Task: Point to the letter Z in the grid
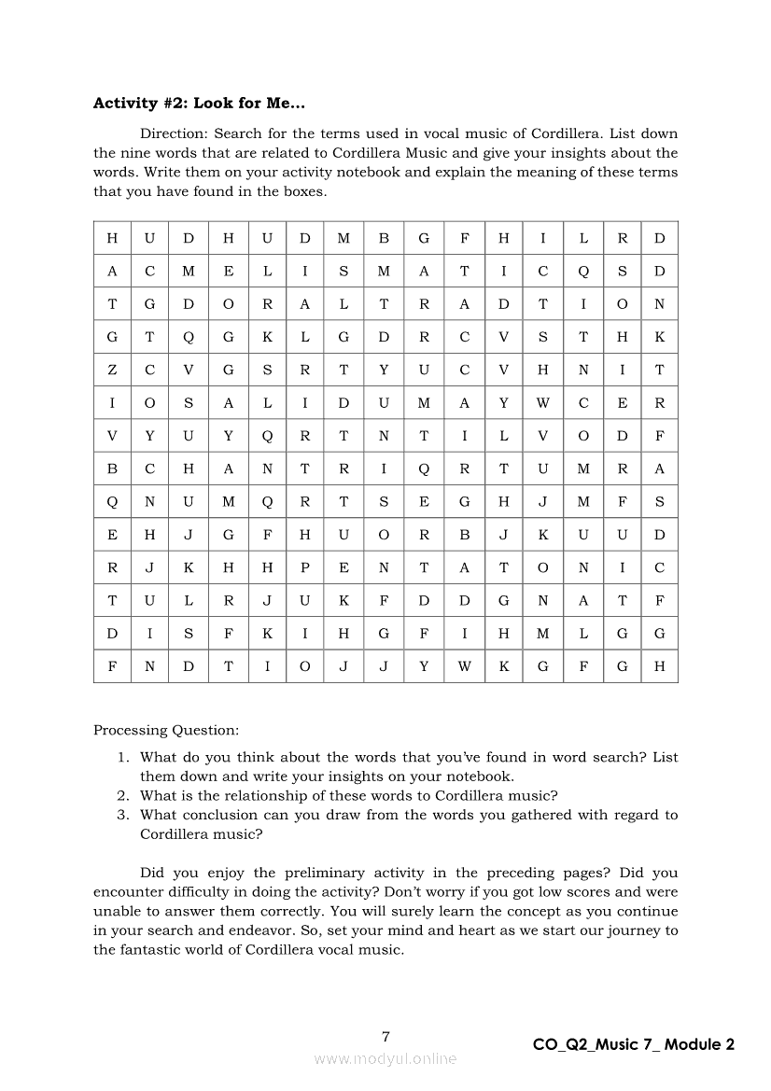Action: [112, 371]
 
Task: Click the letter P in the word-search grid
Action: [304, 567]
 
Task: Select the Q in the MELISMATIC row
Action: [582, 272]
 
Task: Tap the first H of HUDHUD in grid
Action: [112, 239]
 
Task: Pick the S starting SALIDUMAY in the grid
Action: [189, 403]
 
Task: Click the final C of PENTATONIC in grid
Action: [659, 567]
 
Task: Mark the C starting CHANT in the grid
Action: [150, 469]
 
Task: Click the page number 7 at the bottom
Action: [385, 1036]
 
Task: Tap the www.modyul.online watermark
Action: [385, 1059]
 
